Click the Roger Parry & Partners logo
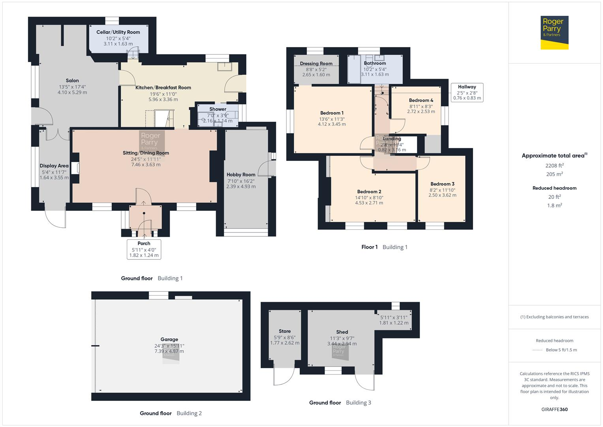pyautogui.click(x=554, y=32)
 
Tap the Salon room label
pyautogui.click(x=72, y=81)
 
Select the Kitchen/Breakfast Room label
pyautogui.click(x=163, y=88)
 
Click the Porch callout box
pyautogui.click(x=144, y=249)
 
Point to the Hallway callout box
pyautogui.click(x=467, y=92)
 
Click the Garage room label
pyautogui.click(x=169, y=339)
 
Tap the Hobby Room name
pyautogui.click(x=241, y=175)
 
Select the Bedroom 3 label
pyautogui.click(x=442, y=184)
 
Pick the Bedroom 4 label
pyautogui.click(x=421, y=100)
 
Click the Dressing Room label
pyautogui.click(x=316, y=64)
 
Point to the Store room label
pyautogui.click(x=285, y=331)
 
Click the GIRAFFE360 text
pyautogui.click(x=555, y=409)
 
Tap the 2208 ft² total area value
pyautogui.click(x=554, y=166)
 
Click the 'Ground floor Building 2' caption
pyautogui.click(x=171, y=413)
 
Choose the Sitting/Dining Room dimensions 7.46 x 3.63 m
pyautogui.click(x=146, y=164)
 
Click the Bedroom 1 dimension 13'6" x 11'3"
pyautogui.click(x=332, y=119)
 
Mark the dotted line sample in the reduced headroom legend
pyautogui.click(x=537, y=350)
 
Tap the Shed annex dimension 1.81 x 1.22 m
pyautogui.click(x=394, y=323)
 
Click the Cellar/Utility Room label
pyautogui.click(x=118, y=32)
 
